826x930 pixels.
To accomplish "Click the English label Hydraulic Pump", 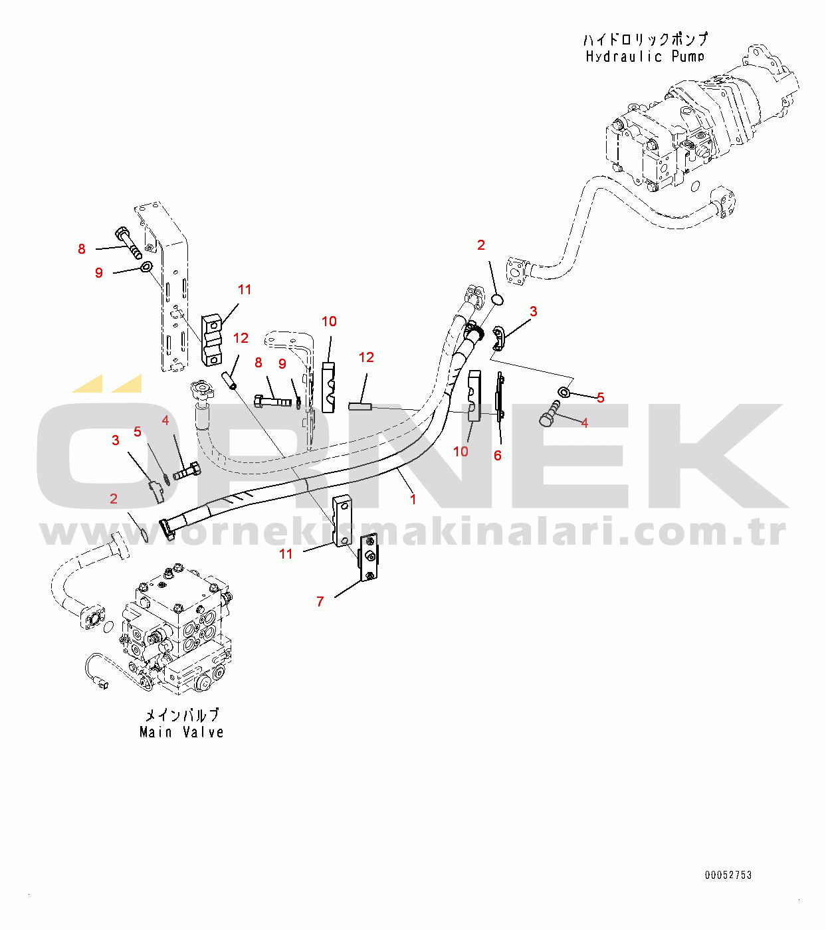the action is tap(645, 57).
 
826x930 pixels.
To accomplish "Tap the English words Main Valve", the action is tap(182, 731).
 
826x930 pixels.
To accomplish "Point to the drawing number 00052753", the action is tap(728, 876).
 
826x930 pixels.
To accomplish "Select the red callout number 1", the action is tap(413, 500).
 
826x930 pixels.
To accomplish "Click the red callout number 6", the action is tap(497, 455).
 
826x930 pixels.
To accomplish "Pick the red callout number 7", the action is tap(320, 601).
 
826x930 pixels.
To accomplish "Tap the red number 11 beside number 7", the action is tap(286, 554).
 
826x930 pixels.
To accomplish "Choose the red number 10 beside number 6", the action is tap(461, 452).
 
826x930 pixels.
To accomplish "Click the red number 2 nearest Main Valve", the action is tap(114, 498).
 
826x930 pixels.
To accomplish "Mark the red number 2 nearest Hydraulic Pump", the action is tap(480, 245).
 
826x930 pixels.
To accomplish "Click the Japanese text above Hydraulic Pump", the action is tap(645, 39).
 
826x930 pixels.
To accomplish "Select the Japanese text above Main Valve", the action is tap(182, 715).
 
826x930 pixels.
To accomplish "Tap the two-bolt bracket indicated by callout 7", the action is tap(369, 558).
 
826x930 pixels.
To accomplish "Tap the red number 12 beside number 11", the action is tap(241, 338).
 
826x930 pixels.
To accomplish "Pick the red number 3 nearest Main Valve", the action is tap(116, 440).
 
